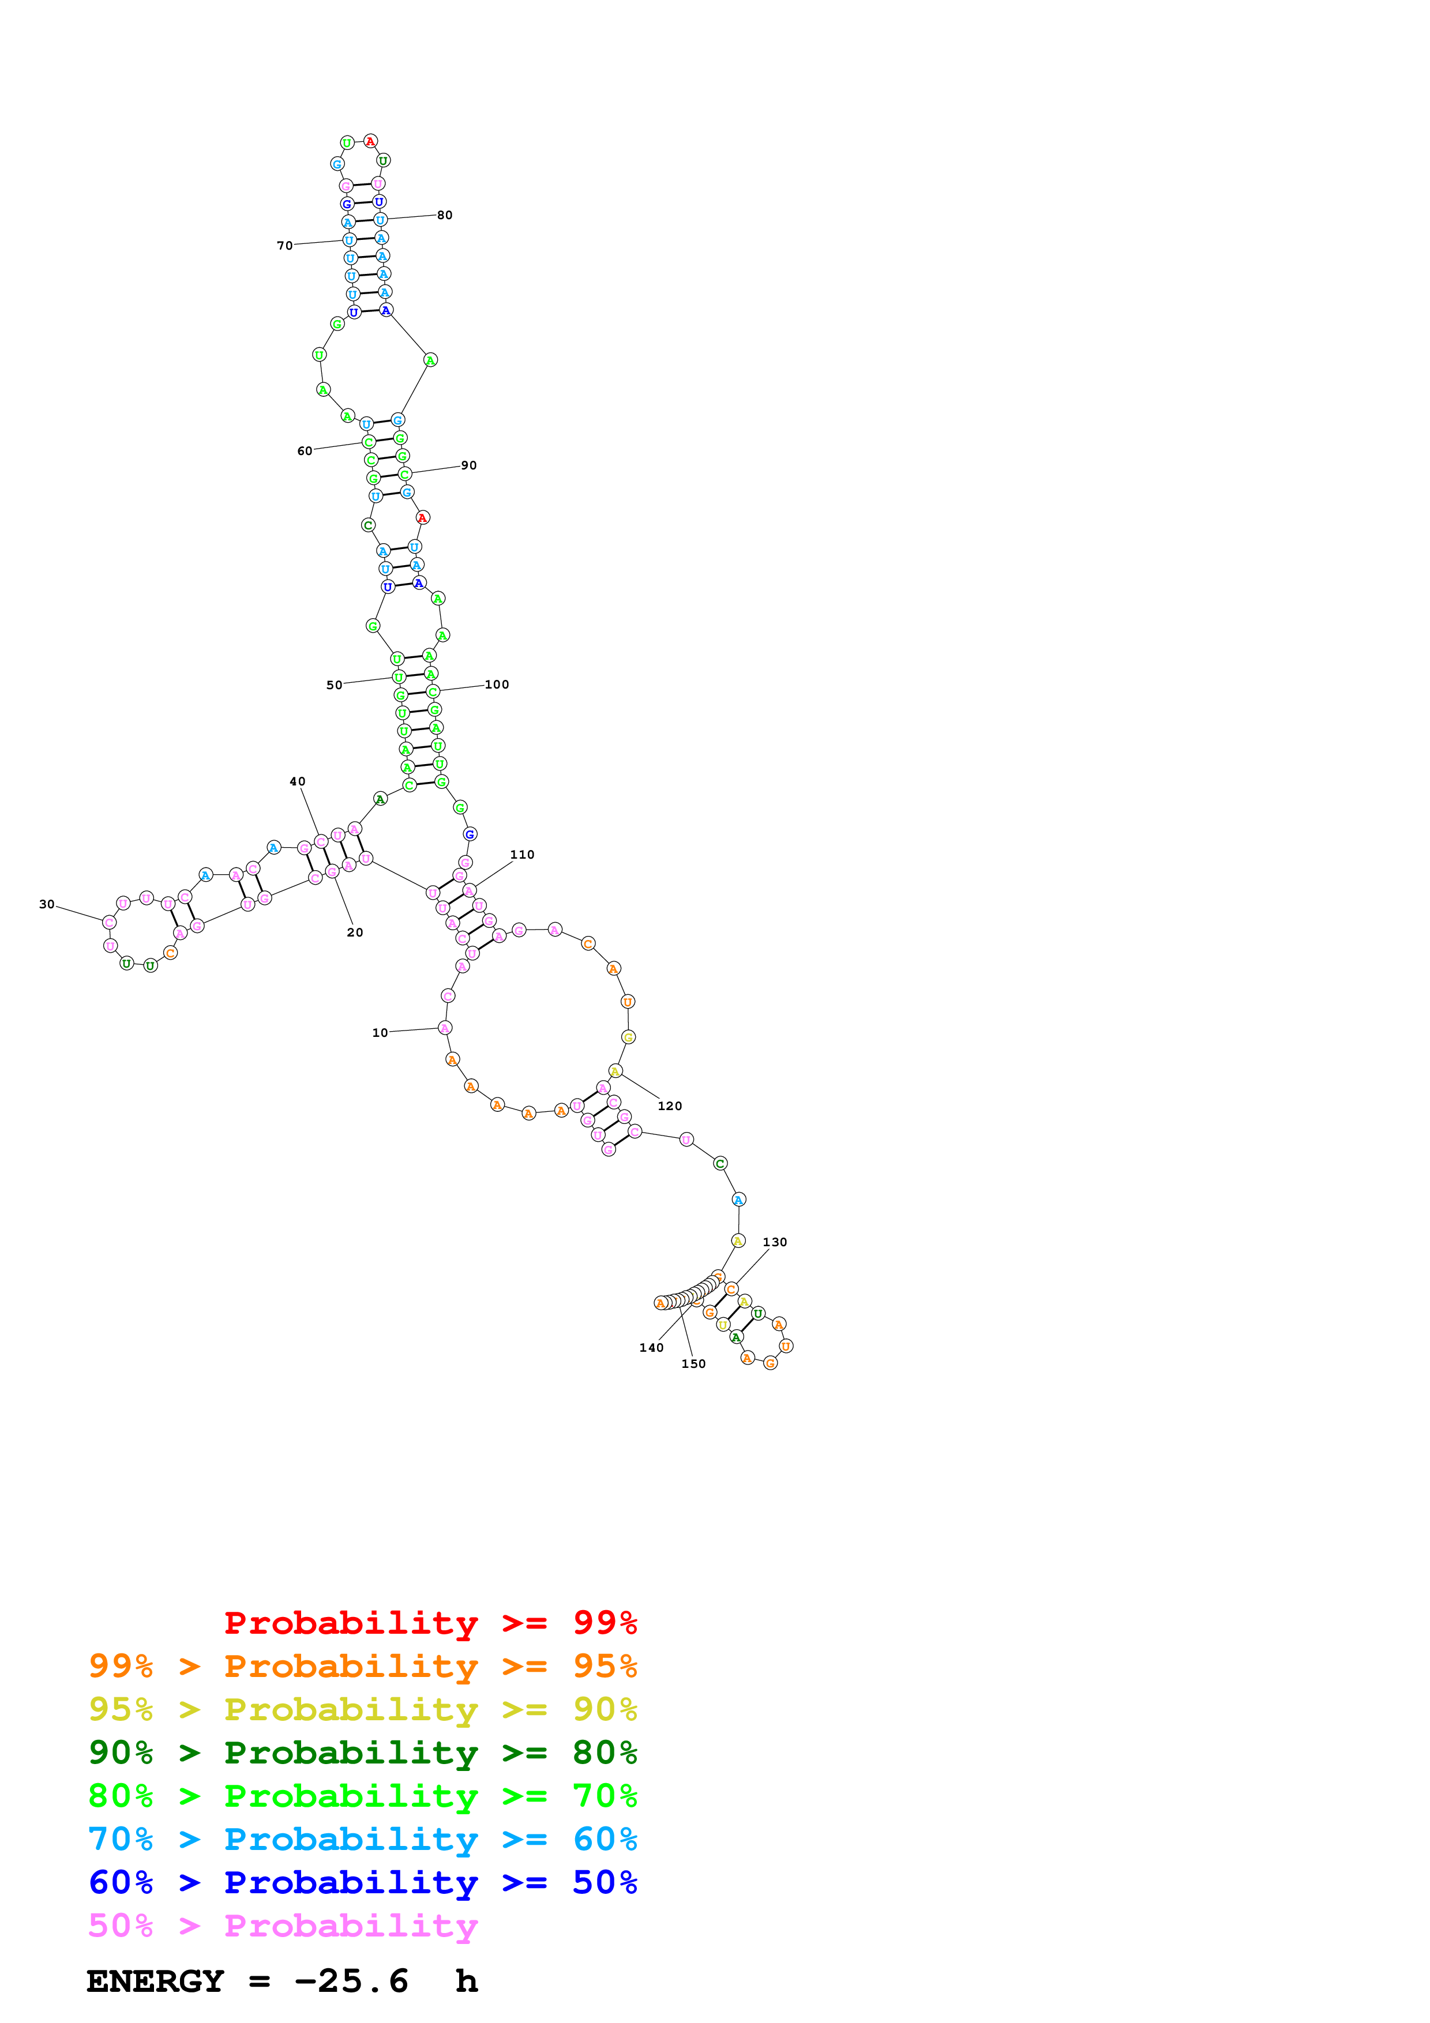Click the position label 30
tap(47, 904)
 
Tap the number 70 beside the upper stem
tap(284, 246)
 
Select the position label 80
tap(445, 215)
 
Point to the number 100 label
tap(497, 685)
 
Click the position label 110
tap(523, 855)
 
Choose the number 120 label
tap(670, 1105)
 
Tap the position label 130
tap(775, 1242)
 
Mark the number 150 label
tap(693, 1364)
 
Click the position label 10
tap(380, 1033)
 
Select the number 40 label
tap(298, 781)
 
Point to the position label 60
tap(305, 451)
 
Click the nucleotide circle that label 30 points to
tap(109, 923)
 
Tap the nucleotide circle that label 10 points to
tap(445, 1028)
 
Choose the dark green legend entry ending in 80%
tap(362, 1753)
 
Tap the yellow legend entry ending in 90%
tap(362, 1709)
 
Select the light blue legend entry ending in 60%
tap(362, 1839)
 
